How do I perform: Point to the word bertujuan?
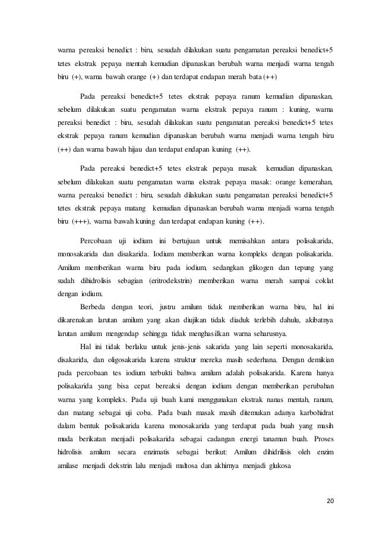click(188, 240)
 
